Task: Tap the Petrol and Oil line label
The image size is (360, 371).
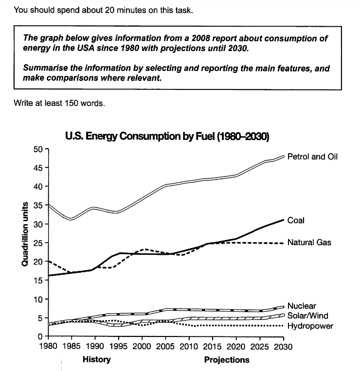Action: (x=312, y=157)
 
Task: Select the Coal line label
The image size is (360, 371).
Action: (x=296, y=220)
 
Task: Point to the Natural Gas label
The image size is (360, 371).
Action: (x=309, y=242)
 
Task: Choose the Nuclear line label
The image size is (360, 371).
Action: (x=302, y=306)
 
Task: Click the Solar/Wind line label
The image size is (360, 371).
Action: (x=307, y=316)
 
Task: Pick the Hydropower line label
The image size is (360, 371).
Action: (x=310, y=326)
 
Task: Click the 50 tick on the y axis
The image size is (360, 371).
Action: (x=38, y=149)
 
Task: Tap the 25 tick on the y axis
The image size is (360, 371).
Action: (x=38, y=243)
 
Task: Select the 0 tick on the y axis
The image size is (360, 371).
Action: (x=40, y=336)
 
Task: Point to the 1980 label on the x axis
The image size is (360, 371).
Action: (x=48, y=347)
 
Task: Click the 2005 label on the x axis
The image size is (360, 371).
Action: (x=165, y=347)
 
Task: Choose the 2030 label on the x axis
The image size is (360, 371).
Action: (x=283, y=347)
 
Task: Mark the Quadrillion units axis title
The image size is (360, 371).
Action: (x=25, y=234)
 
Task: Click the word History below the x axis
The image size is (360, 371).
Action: (x=97, y=359)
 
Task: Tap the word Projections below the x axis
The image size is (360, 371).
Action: (x=227, y=360)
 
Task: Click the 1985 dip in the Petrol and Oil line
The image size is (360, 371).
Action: (x=71, y=219)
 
